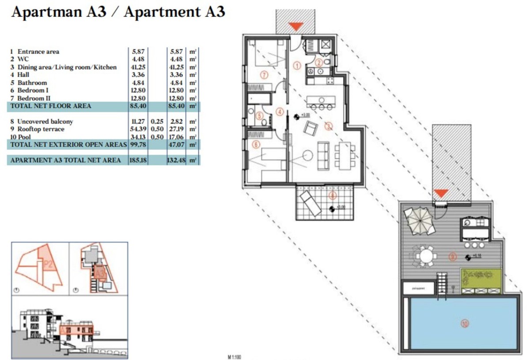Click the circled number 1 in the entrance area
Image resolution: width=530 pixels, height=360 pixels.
(297, 66)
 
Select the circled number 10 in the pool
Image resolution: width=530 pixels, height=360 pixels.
(464, 324)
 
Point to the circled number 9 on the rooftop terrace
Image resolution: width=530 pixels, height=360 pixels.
(452, 256)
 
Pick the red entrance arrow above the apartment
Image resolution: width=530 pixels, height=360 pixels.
(295, 27)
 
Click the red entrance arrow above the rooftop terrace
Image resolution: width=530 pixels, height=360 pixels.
(441, 193)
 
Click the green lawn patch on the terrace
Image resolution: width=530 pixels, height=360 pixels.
(481, 278)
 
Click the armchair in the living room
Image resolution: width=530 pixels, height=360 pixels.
(311, 129)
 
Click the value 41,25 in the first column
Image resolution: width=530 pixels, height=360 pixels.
(139, 67)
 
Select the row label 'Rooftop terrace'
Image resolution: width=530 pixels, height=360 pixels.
(41, 129)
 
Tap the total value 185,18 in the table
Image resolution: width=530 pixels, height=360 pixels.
(139, 160)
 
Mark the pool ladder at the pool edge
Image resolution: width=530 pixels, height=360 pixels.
(442, 283)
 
